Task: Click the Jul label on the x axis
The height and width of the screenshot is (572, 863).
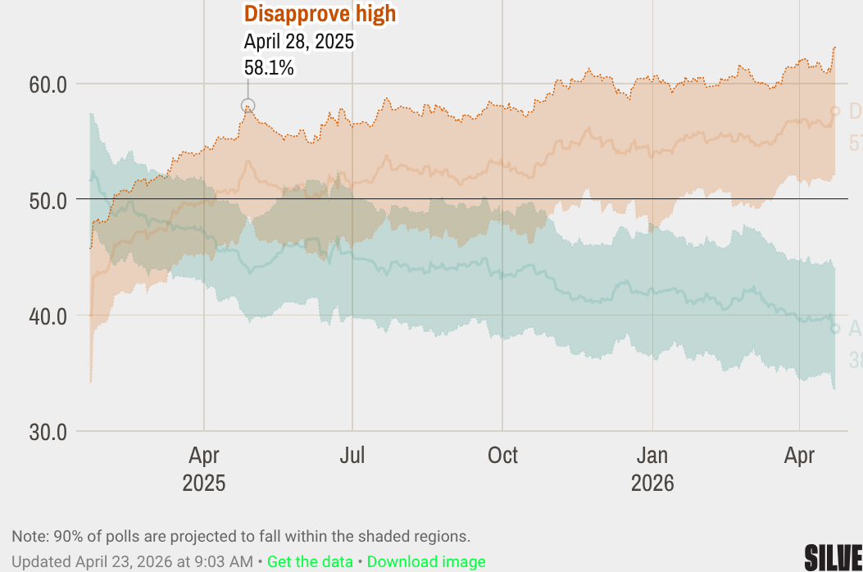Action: click(x=352, y=455)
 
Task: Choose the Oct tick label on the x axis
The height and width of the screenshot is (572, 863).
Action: click(x=502, y=455)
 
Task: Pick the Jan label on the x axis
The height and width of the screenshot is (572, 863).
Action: click(x=652, y=455)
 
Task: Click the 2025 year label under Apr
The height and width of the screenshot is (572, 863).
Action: click(x=204, y=483)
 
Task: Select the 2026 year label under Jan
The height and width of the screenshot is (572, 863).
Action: click(x=652, y=483)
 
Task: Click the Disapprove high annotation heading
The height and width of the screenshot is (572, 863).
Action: click(x=320, y=14)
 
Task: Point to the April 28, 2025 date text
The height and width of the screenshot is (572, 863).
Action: click(x=299, y=41)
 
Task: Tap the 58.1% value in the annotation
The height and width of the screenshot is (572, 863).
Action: click(x=269, y=67)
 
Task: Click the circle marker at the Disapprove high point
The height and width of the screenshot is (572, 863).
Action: click(x=248, y=106)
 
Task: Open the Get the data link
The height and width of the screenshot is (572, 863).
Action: click(x=310, y=561)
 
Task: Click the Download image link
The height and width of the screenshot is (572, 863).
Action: click(x=426, y=561)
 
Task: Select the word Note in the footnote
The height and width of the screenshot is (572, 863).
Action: click(x=28, y=537)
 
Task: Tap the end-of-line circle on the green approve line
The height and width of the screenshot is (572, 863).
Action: click(x=835, y=329)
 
